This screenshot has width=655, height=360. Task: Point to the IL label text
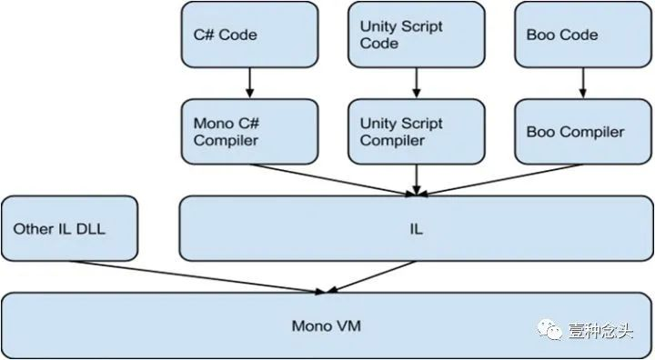pyautogui.click(x=416, y=229)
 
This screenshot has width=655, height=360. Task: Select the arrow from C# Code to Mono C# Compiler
pyautogui.click(x=249, y=84)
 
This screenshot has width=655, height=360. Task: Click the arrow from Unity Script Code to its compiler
pyautogui.click(x=416, y=84)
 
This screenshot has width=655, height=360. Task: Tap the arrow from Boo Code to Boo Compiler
pyautogui.click(x=583, y=84)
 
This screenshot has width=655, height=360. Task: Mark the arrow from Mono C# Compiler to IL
pyautogui.click(x=327, y=178)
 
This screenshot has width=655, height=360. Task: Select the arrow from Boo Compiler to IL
pyautogui.click(x=500, y=178)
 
